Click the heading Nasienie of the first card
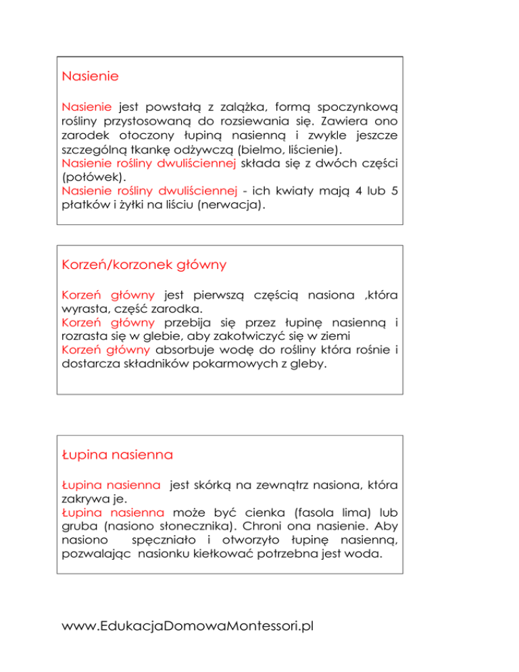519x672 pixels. pos(90,76)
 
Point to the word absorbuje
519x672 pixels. pos(188,351)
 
